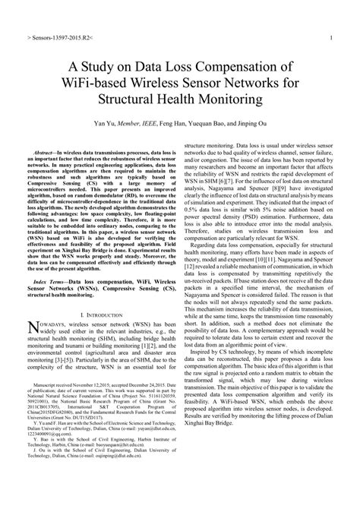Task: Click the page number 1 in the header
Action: click(x=333, y=36)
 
